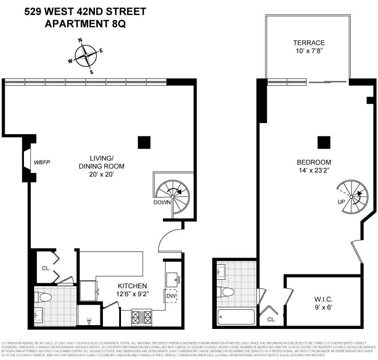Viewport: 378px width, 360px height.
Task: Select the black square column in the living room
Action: point(144,143)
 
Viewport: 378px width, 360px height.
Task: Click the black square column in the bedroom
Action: point(324,143)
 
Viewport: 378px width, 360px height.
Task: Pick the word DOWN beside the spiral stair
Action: point(162,202)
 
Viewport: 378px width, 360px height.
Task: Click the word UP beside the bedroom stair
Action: point(341,201)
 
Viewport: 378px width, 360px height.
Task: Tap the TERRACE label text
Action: point(309,43)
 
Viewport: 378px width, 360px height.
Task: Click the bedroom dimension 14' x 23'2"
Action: point(314,170)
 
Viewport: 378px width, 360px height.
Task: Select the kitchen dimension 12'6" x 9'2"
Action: point(132,294)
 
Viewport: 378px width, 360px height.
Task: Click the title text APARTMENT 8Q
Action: point(85,24)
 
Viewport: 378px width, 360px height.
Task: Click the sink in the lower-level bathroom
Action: point(38,314)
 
